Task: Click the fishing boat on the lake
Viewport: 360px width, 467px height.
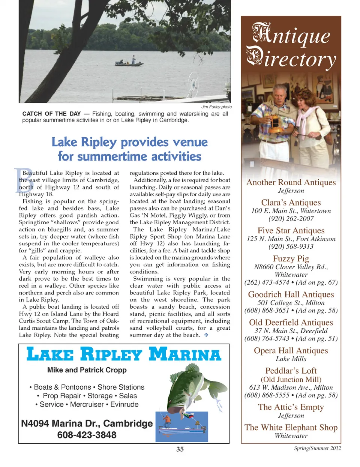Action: [x=129, y=63]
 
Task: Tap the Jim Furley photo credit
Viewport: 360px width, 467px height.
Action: [x=216, y=107]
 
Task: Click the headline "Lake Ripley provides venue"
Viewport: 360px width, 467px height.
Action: [x=129, y=142]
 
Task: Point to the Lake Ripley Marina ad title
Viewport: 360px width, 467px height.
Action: [x=124, y=354]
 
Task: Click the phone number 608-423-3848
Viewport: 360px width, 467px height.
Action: [x=87, y=435]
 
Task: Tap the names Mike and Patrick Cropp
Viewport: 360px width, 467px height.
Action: [x=87, y=370]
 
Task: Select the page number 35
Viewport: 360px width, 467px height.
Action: [x=180, y=449]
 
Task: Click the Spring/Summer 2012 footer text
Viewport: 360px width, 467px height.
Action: [x=317, y=448]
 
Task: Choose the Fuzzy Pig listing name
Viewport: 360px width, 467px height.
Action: [x=291, y=258]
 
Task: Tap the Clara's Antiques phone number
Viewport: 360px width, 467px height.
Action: [x=291, y=219]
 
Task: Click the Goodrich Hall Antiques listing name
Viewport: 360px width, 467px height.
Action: [x=291, y=294]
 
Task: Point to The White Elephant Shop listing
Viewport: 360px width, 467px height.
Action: [x=291, y=428]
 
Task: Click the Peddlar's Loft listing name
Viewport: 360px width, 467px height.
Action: [x=291, y=371]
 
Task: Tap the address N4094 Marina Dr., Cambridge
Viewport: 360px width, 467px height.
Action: [x=87, y=423]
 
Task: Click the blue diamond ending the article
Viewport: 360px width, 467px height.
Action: [x=206, y=335]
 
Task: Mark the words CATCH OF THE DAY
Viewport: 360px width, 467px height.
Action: [x=51, y=114]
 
